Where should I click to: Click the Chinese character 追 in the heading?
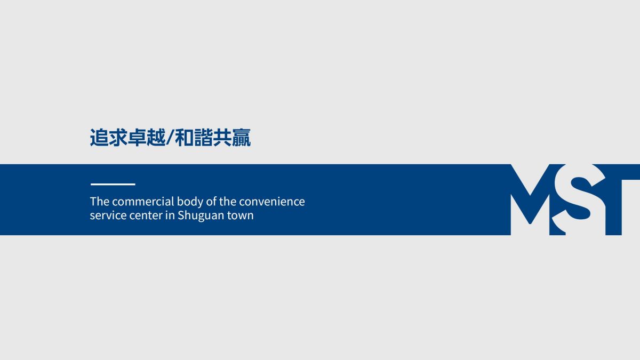pyautogui.click(x=99, y=138)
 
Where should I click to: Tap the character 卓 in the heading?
pyautogui.click(x=137, y=138)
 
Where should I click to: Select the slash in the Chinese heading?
pyautogui.click(x=170, y=138)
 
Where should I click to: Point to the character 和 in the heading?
pyautogui.click(x=183, y=138)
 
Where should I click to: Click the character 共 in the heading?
pyautogui.click(x=222, y=138)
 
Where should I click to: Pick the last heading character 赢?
pyautogui.click(x=241, y=138)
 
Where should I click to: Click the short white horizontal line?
pyautogui.click(x=113, y=185)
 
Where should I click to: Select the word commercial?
pyautogui.click(x=143, y=202)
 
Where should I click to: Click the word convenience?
pyautogui.click(x=272, y=202)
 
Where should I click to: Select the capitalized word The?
pyautogui.click(x=100, y=202)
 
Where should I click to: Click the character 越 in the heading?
pyautogui.click(x=156, y=138)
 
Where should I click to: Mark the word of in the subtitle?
pyautogui.click(x=211, y=202)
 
